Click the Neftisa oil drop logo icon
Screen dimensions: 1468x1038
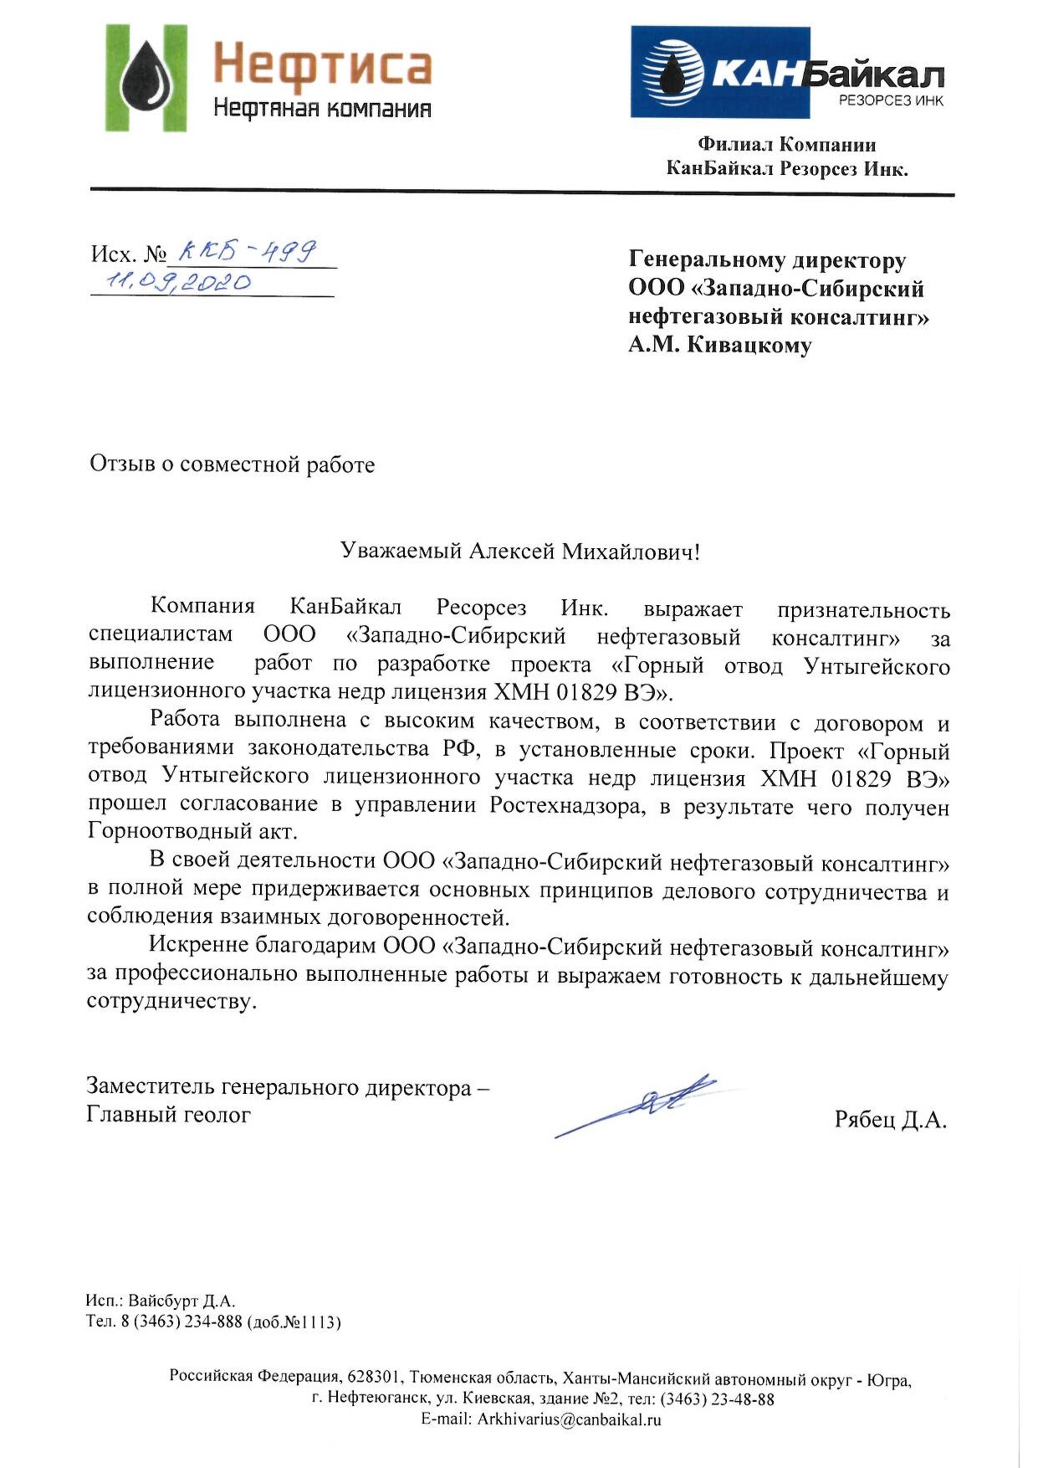(x=146, y=79)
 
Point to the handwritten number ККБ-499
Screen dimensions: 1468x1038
(x=248, y=250)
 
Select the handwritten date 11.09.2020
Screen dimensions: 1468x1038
(x=176, y=282)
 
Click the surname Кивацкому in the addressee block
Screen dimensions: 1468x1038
(x=749, y=345)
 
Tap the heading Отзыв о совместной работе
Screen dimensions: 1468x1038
(x=232, y=465)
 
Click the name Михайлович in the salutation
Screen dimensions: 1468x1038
(x=631, y=552)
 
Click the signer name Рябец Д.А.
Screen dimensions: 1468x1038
(x=890, y=1120)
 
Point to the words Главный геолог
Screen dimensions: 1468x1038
(x=168, y=1115)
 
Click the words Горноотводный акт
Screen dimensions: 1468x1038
(x=192, y=831)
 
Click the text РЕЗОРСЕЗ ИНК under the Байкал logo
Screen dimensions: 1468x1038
(x=891, y=101)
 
